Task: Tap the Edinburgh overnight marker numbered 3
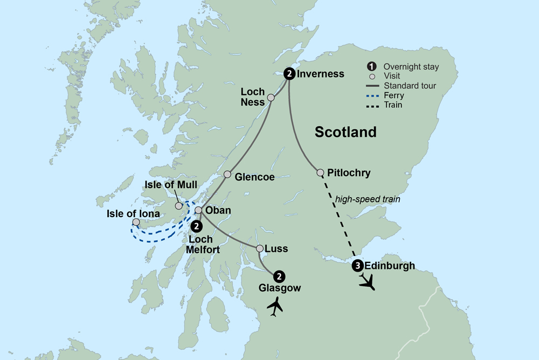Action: (357, 265)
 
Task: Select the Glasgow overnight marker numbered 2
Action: (279, 276)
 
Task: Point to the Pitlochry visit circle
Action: (320, 173)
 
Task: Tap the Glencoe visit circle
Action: (227, 175)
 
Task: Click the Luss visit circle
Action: (260, 248)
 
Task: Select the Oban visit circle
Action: (198, 210)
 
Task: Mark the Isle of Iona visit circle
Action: (136, 222)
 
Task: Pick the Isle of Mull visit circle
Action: (178, 205)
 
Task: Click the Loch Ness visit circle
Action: (271, 98)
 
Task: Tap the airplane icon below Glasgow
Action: (275, 306)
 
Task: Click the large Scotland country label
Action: (345, 132)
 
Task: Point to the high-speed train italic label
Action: (368, 199)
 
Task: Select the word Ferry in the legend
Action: (393, 95)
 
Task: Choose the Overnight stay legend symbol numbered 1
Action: (371, 67)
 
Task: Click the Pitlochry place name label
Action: (349, 173)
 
